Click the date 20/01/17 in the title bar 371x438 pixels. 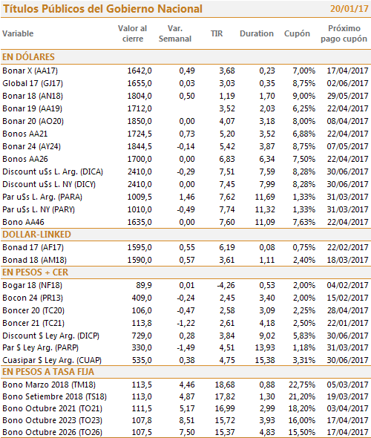349,9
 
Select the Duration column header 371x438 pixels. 257,33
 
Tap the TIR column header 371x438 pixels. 217,33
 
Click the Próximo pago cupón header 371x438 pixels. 344,33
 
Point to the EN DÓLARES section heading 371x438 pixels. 28,57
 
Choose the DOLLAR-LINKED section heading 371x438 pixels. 36,235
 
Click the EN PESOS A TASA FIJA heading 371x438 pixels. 48,372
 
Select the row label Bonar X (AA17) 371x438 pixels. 30,71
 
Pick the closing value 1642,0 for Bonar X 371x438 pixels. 139,71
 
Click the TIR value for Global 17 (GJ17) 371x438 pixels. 227,83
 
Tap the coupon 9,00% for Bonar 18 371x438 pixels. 303,96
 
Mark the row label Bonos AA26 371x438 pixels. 25,159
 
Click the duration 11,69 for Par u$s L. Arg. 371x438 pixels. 265,197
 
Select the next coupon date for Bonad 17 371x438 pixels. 347,247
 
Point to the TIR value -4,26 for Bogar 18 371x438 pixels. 226,285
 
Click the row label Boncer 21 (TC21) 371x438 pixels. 33,323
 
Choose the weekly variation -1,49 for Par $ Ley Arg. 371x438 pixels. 185,347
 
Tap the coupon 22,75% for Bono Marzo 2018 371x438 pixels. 302,385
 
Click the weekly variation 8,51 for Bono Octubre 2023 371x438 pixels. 187,420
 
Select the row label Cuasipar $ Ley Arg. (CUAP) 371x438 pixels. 52,360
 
